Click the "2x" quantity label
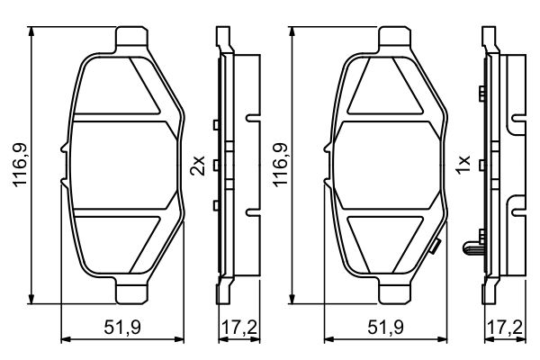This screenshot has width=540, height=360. [x=198, y=166]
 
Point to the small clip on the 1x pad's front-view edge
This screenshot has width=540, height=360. [x=435, y=245]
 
